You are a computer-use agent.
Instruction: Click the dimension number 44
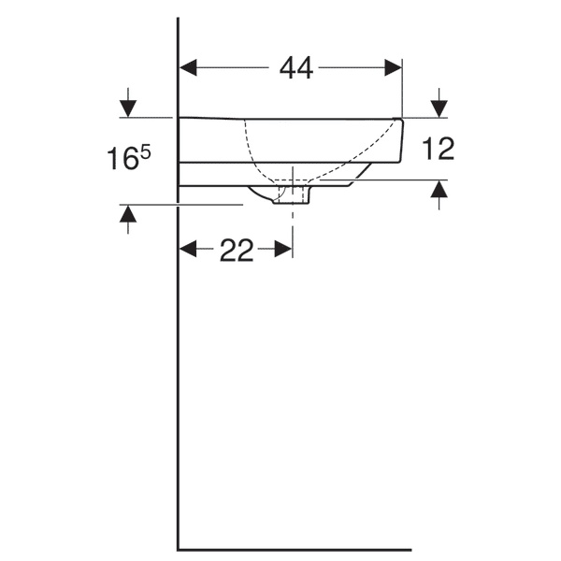[296, 68]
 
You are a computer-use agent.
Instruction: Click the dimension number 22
[237, 250]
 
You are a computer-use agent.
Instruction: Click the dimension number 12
[438, 148]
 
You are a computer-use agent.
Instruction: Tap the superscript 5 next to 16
[146, 153]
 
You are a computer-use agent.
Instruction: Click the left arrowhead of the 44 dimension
[188, 67]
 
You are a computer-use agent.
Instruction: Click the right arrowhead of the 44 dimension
[394, 67]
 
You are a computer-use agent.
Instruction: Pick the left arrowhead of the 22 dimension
[188, 249]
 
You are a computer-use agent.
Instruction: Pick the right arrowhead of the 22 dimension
[283, 249]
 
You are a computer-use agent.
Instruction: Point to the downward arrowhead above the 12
[439, 109]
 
